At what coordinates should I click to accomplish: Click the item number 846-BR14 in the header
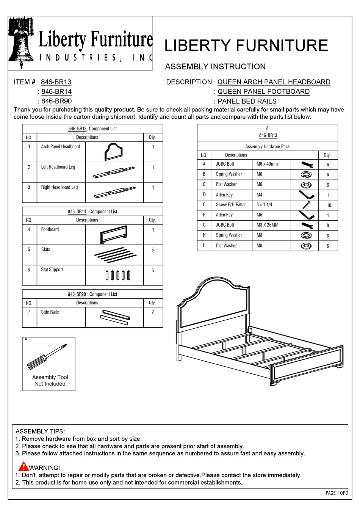[x=56, y=92]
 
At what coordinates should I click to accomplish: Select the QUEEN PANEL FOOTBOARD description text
[x=263, y=92]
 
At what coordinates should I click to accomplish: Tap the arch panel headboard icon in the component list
[x=114, y=152]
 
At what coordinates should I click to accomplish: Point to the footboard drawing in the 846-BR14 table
[x=114, y=235]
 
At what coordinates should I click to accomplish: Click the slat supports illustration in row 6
[x=118, y=275]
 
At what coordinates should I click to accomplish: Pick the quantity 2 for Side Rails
[x=153, y=312]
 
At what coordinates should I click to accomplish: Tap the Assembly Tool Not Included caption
[x=50, y=381]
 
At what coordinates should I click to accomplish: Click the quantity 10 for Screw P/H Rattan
[x=329, y=205]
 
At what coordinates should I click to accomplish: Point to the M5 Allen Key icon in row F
[x=307, y=215]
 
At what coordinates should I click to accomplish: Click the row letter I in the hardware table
[x=204, y=246]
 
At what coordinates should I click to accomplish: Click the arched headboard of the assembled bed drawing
[x=212, y=303]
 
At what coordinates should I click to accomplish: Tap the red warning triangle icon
[x=23, y=467]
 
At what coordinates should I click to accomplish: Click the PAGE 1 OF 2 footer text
[x=337, y=493]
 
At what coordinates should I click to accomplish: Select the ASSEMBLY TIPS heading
[x=40, y=431]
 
